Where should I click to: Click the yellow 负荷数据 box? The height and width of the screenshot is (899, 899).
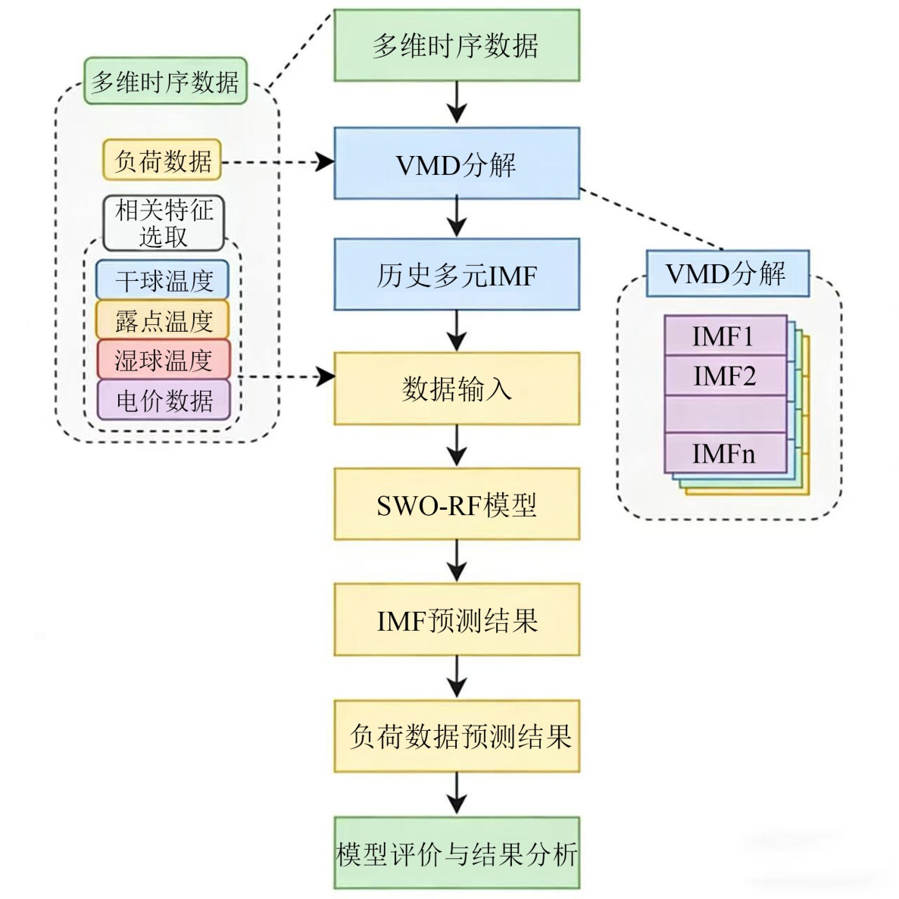tap(161, 160)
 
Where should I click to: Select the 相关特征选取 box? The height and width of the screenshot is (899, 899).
tap(164, 223)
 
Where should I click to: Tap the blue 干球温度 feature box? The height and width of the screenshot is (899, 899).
tap(163, 280)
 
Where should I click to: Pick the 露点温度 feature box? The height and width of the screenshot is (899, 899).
tap(163, 320)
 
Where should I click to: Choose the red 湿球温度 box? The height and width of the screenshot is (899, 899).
tap(163, 360)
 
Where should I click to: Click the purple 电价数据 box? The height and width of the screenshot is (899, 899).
tap(163, 400)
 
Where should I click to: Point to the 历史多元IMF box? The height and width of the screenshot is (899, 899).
tap(457, 274)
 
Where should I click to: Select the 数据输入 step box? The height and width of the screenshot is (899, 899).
tap(457, 389)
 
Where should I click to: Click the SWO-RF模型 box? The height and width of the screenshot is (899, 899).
tap(457, 504)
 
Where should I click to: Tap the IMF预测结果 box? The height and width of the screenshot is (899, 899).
tap(457, 620)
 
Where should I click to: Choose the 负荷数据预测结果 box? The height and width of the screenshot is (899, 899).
tap(457, 735)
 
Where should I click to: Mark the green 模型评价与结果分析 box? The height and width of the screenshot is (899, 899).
tap(457, 853)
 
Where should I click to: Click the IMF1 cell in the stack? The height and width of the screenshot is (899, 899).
tap(725, 336)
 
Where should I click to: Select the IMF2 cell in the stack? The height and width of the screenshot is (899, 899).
tap(725, 375)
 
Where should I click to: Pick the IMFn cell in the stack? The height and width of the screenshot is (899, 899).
tap(725, 453)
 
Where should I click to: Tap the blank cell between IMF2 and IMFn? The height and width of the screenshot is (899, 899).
tap(725, 414)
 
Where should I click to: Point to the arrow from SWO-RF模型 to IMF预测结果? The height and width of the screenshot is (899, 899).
tap(457, 561)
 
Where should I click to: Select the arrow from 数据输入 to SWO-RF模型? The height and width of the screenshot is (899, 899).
tap(457, 445)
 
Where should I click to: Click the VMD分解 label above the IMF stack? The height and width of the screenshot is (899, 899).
tap(727, 273)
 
